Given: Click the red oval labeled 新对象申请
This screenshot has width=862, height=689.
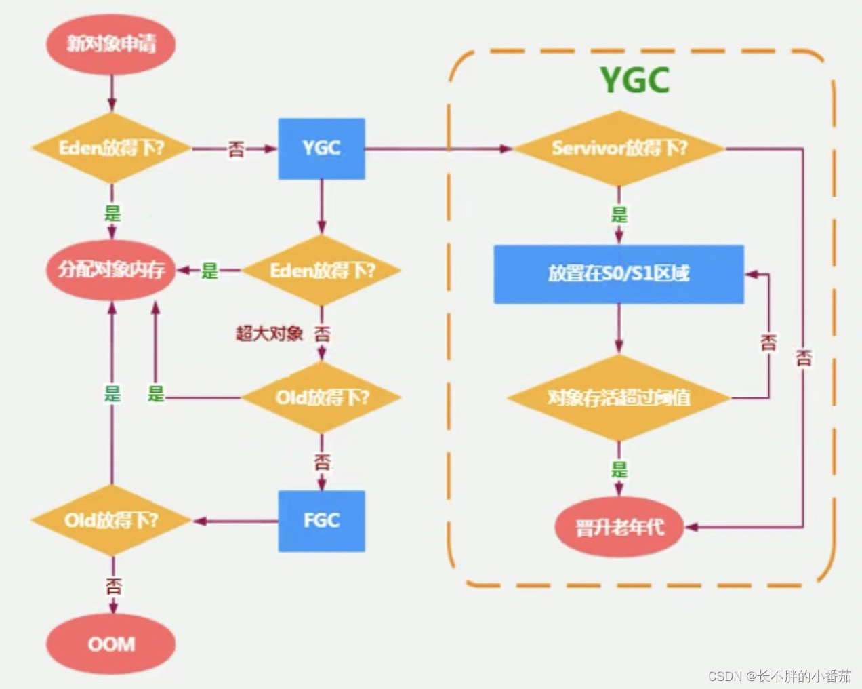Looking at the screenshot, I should point(111,45).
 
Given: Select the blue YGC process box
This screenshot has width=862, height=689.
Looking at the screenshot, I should point(321,149).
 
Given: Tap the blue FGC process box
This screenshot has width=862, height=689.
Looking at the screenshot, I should point(321,521).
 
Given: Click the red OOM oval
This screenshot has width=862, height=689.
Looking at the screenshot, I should point(111,644).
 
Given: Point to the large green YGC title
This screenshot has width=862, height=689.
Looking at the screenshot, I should point(635,81).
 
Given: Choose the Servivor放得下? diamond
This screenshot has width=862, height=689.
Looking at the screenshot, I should point(619,149).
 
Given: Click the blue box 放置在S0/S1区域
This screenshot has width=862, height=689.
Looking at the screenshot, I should point(619,274).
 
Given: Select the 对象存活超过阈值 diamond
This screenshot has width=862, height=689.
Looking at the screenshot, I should point(619,397).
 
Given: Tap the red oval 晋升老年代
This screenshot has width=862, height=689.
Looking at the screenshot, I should point(619,528).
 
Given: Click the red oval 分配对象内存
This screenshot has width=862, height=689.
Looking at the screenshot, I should point(111,271).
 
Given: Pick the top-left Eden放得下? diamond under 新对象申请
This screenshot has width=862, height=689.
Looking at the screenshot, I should point(111,149).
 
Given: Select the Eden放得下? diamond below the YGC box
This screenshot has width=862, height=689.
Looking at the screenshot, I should point(321,271).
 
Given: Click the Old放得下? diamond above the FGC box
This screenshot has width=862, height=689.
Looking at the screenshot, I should point(321,397).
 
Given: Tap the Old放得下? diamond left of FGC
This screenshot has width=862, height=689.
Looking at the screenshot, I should point(111,521).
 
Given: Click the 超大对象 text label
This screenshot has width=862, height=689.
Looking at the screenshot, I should point(269,334).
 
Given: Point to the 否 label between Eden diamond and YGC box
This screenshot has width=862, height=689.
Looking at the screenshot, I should point(236,149).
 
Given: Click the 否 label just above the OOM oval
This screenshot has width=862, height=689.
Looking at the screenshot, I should point(112,585).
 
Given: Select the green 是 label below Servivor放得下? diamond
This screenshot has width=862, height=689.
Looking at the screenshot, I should point(619,216).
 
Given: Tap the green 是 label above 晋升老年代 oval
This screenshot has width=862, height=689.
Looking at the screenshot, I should point(619,469).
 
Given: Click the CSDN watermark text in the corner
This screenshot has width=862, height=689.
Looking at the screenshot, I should point(779,676).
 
